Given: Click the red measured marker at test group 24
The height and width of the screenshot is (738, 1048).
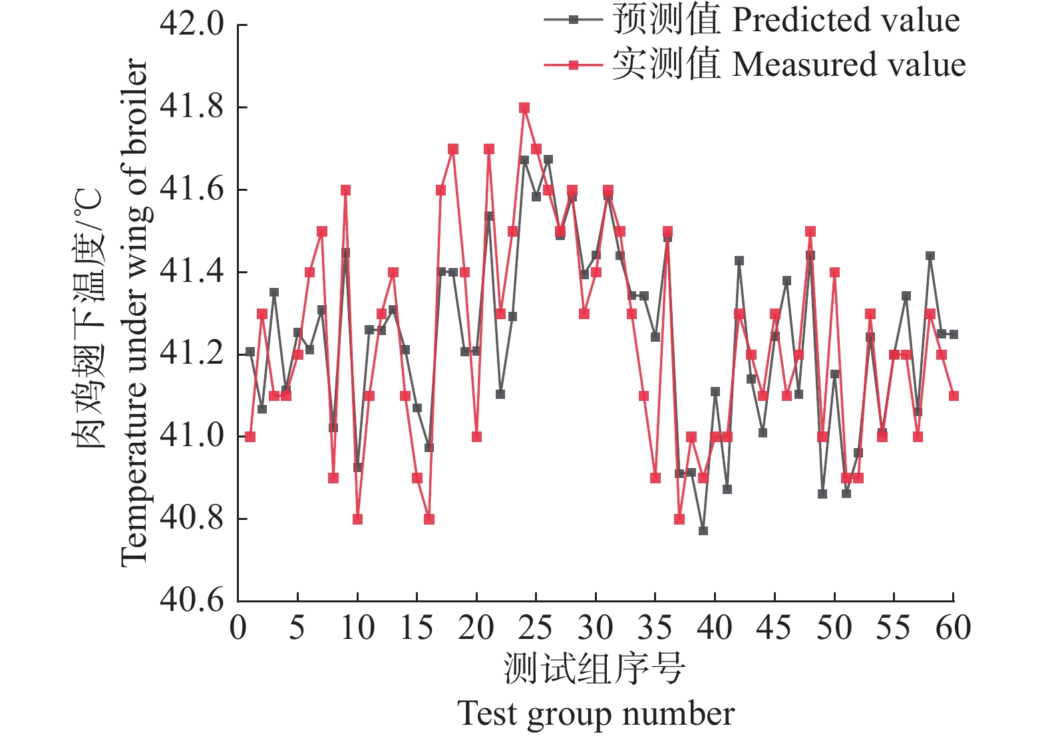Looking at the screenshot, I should pos(524,108).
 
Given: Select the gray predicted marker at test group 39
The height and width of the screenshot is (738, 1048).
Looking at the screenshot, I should pos(703,531).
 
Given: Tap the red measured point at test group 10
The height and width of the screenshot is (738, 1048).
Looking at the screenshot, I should pos(357,519).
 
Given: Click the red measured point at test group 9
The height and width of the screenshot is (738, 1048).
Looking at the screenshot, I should pos(345,190).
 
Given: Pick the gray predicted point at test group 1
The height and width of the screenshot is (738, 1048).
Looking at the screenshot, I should pos(250,351).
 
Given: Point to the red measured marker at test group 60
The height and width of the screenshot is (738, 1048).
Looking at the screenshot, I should pos(954,396).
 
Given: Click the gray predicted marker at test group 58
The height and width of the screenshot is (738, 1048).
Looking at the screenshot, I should pos(930,255).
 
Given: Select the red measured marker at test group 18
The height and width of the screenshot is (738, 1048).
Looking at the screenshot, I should pos(453,149).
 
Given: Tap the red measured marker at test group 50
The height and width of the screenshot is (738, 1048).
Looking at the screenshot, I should pos(834,273).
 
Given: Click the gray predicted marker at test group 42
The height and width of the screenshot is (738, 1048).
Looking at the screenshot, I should pos(739,261).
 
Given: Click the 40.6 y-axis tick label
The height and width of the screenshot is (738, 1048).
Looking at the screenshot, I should pos(192,600).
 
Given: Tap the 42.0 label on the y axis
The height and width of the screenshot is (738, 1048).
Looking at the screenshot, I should pos(192,25).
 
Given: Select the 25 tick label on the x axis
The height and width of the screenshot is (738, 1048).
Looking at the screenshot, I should pos(536,628).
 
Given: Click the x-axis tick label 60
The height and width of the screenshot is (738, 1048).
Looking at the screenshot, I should pos(953,628).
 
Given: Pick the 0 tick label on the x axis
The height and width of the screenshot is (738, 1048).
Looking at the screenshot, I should pos(238,628).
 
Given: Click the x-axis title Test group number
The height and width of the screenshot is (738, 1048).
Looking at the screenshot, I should pos(596,714).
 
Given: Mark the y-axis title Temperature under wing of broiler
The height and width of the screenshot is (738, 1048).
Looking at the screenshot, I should pos(133,312).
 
